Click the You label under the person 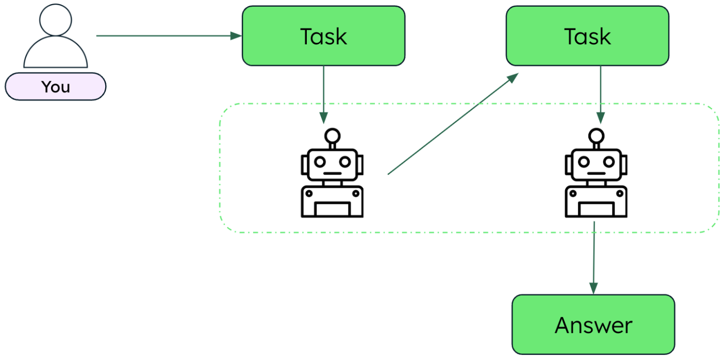coord(55,87)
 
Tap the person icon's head coord(56,20)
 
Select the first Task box coord(323,36)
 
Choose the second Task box coord(587,36)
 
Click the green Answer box coord(593,325)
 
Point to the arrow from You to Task coord(165,36)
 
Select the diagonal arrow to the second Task coord(453,124)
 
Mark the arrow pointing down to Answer coord(593,258)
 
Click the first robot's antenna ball coord(332,137)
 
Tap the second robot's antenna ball coord(597,137)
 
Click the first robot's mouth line coord(332,174)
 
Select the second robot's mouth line coord(597,174)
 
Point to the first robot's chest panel coord(332,209)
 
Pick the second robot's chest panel coord(597,209)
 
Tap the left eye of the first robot coord(320,161)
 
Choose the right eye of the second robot coord(608,161)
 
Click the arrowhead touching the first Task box coord(236,36)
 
